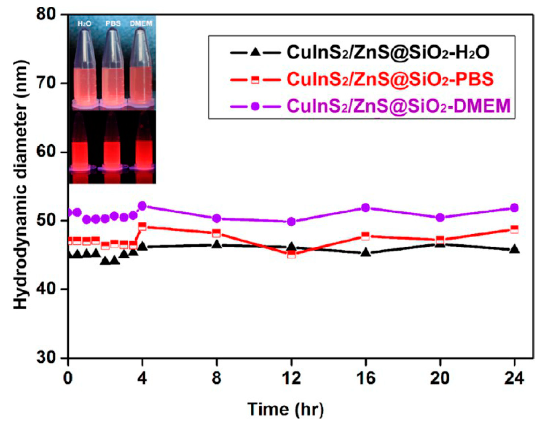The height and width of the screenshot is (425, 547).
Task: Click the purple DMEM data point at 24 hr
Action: tap(514, 208)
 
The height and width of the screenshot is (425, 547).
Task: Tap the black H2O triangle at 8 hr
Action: tap(217, 244)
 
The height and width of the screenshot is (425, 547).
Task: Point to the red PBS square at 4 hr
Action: tap(142, 226)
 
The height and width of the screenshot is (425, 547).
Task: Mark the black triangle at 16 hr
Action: tap(366, 252)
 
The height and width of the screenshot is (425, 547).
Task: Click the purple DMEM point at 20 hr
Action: tap(440, 218)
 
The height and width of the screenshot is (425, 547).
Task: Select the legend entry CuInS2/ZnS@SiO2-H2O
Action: tap(388, 53)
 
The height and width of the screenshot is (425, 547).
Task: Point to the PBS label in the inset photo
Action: tap(113, 24)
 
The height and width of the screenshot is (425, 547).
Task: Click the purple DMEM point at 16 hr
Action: tap(366, 208)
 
